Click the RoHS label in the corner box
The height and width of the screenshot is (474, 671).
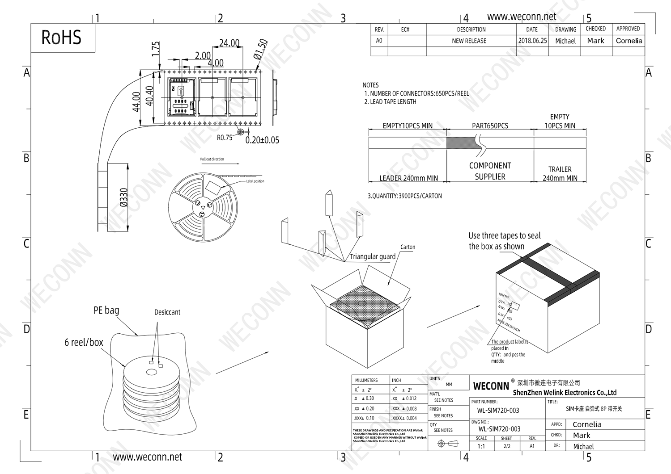[x=61, y=38]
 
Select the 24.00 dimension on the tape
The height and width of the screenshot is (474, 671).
[x=229, y=43]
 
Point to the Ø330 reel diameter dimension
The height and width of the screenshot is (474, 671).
[x=124, y=197]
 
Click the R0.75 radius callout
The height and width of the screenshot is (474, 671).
[x=225, y=138]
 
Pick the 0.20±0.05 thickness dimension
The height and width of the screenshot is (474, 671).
[x=262, y=140]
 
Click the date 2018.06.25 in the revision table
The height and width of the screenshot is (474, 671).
[x=532, y=41]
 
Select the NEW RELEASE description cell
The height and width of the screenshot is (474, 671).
[x=469, y=41]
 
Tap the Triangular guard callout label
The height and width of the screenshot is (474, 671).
[x=372, y=256]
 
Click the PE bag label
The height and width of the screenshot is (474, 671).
[x=106, y=310]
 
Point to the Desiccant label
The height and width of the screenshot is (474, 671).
[x=167, y=312]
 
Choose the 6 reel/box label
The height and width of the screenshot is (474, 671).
[x=84, y=342]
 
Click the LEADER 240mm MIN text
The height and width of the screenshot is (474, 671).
[x=408, y=178]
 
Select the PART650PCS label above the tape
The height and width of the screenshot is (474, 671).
[x=490, y=126]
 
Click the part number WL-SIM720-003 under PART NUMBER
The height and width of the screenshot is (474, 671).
[x=498, y=411]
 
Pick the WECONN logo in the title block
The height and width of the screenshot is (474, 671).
[x=491, y=386]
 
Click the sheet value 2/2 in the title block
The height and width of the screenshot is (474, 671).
[x=506, y=446]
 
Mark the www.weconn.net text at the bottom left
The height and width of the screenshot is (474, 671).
[x=147, y=457]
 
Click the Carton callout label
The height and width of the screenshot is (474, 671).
[x=408, y=247]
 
